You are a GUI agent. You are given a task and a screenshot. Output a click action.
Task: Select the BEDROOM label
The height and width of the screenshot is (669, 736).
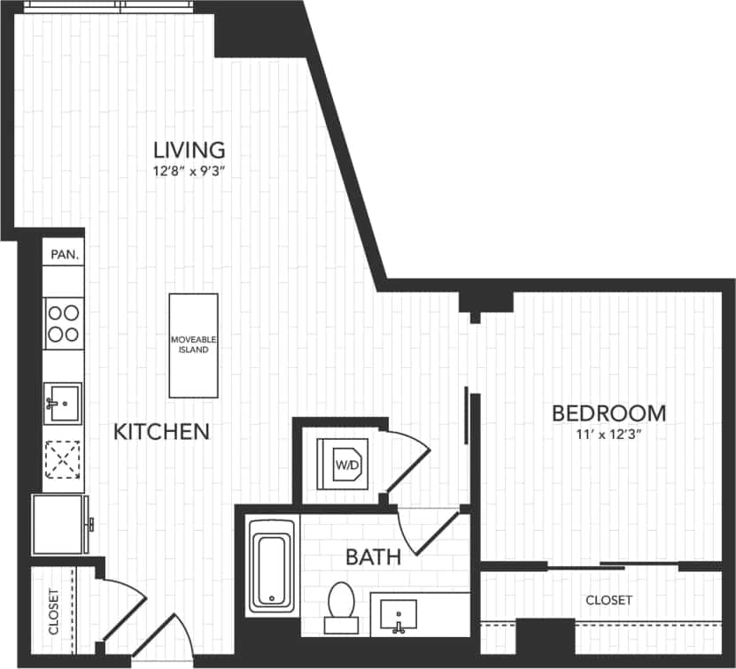point(608,413)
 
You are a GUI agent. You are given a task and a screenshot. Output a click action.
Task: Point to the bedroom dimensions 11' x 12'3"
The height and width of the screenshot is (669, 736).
point(608,434)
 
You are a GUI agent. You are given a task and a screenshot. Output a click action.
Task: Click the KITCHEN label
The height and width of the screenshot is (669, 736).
point(162,432)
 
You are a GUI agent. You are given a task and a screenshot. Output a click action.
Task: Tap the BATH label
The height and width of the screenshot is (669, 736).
point(373,557)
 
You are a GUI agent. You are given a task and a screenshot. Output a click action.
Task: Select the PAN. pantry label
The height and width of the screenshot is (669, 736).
point(64,254)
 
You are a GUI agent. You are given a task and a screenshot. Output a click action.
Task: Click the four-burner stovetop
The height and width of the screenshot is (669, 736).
point(63,323)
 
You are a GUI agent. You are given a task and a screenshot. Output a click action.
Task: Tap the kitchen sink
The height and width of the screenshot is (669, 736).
point(63,404)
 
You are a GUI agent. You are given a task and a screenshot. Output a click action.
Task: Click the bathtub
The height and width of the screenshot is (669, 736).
point(271,566)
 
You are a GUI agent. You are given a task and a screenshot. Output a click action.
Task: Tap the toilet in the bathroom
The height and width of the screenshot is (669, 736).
point(341,606)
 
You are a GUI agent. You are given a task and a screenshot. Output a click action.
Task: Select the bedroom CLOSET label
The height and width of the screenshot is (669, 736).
point(609,600)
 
